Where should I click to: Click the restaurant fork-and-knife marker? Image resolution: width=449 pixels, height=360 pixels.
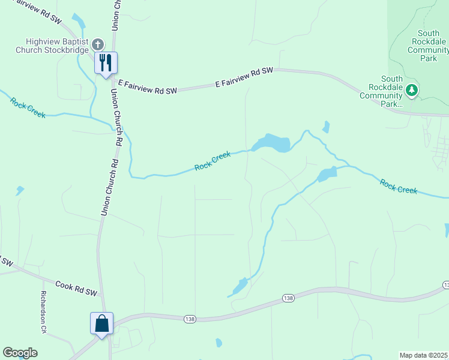[x=106, y=63]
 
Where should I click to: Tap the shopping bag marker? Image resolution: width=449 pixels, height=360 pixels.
[x=101, y=323]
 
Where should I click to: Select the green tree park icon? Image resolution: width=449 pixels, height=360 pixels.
[x=411, y=91]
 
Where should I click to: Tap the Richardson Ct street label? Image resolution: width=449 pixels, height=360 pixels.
[x=43, y=312]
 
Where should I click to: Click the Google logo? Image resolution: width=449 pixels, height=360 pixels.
[x=20, y=353]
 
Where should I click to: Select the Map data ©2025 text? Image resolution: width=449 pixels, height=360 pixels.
[x=424, y=355]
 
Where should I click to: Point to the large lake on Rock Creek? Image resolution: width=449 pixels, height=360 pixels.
[x=272, y=144]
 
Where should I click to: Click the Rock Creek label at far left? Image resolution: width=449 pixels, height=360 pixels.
[x=28, y=107]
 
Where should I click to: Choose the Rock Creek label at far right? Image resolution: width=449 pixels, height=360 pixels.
[x=399, y=186]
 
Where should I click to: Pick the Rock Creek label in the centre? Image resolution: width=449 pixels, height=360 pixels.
[x=212, y=161]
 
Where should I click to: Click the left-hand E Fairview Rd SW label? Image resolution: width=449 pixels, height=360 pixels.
[x=148, y=87]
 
